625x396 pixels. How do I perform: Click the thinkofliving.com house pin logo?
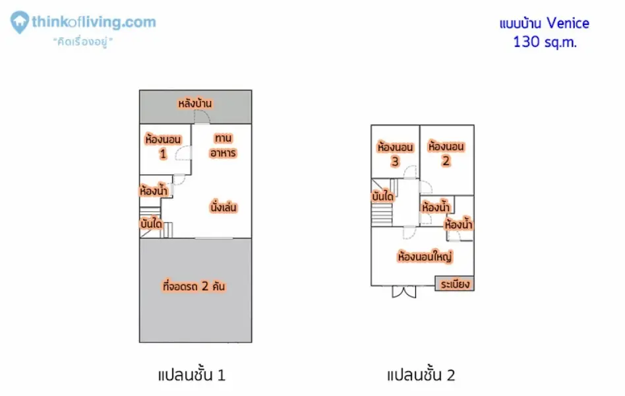click(19, 22)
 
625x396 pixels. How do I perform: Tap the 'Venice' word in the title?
click(568, 23)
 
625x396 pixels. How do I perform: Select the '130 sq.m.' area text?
click(545, 42)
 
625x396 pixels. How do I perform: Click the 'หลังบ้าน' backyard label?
click(195, 104)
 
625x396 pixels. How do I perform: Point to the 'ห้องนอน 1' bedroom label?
click(163, 146)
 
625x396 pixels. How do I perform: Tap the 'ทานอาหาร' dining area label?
click(223, 145)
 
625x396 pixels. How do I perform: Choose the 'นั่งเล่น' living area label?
click(223, 207)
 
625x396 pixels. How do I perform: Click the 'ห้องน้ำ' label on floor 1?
click(154, 190)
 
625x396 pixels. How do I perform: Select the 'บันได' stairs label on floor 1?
click(151, 224)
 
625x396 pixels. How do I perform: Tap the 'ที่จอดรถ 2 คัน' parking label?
click(194, 286)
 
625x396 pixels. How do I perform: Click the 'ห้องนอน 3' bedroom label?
click(395, 154)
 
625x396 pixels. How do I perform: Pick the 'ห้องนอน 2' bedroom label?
click(446, 153)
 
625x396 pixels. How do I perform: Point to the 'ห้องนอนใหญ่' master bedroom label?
click(425, 256)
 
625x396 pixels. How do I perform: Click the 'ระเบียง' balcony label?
click(455, 284)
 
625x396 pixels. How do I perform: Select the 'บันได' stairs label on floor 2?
click(382, 196)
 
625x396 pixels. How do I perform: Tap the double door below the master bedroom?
click(403, 292)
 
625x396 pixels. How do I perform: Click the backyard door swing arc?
click(202, 116)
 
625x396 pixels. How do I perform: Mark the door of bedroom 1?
click(183, 153)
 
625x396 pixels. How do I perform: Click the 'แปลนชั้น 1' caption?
click(192, 376)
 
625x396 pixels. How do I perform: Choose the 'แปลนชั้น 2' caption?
click(421, 376)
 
